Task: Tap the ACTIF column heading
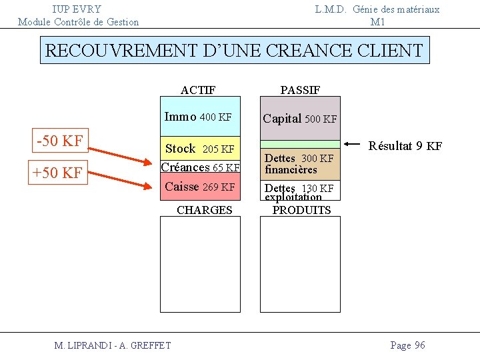pos(198,90)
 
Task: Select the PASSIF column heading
pos(300,90)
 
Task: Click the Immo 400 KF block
pos(199,117)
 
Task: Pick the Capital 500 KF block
pos(299,119)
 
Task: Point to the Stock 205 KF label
pos(199,149)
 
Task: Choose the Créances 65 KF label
pos(200,167)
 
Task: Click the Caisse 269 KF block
pos(199,187)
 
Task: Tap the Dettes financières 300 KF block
pos(299,164)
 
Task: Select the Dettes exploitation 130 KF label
pos(299,191)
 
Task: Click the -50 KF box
pos(59,141)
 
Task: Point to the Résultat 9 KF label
pos(405,146)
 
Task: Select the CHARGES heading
pos(204,210)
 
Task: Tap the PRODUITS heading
pos(301,210)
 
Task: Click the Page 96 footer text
pos(407,345)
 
